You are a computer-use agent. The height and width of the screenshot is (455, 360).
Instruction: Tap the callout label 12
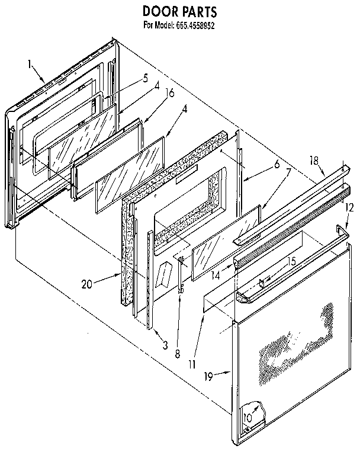coord(349,207)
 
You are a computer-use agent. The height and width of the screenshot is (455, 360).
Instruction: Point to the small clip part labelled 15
coord(263,282)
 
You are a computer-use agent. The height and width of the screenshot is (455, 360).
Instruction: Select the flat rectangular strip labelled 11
coord(220,302)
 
